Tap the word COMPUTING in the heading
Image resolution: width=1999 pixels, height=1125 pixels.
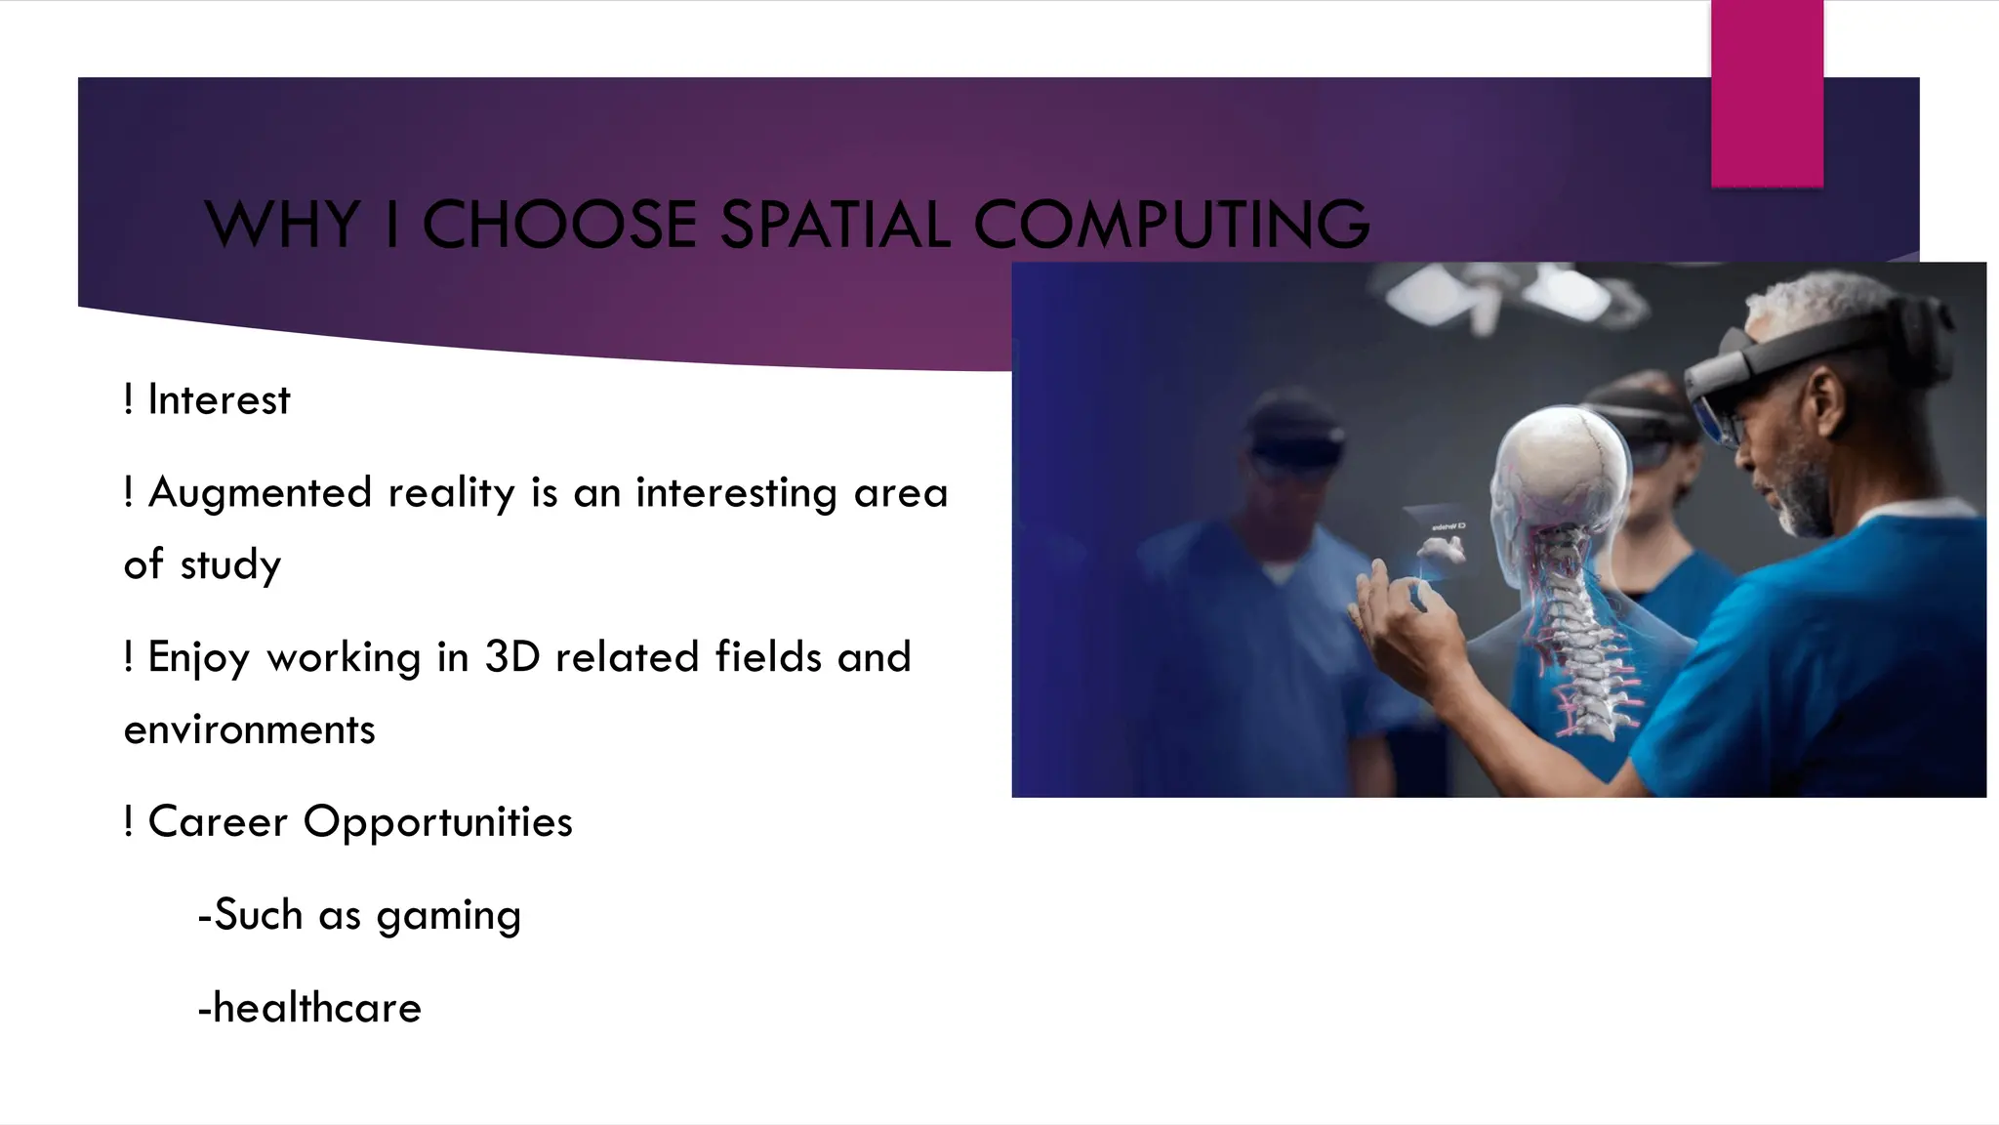tap(1171, 225)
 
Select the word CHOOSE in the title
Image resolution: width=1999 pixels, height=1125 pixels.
tap(558, 225)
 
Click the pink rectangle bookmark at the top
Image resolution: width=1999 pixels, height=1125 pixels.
tap(1767, 94)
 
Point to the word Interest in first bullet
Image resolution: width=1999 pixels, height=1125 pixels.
tap(219, 400)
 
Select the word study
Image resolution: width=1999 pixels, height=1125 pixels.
tap(230, 565)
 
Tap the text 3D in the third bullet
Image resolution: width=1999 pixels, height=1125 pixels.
tap(511, 657)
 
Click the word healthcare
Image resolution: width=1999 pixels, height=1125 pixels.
tap(316, 1008)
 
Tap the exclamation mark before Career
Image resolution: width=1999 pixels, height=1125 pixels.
tap(128, 821)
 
